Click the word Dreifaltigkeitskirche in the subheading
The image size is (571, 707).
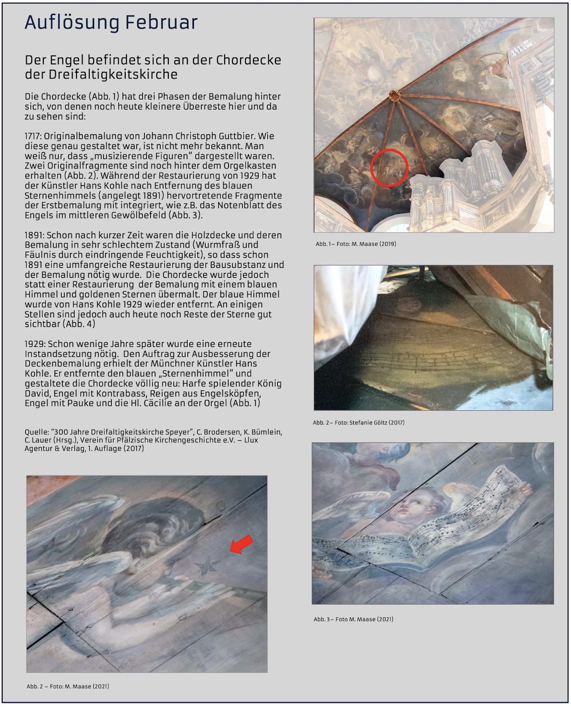pos(113,74)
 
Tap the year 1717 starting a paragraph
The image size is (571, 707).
pos(33,136)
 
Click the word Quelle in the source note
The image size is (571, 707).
pos(36,432)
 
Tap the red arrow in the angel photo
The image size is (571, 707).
pos(241,545)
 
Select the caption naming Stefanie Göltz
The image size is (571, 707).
pos(358,423)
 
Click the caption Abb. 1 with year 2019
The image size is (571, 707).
pos(355,244)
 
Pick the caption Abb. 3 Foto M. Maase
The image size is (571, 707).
pos(353,619)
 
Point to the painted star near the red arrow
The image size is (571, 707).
pos(206,566)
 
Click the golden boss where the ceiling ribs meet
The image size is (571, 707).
pos(394,95)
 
